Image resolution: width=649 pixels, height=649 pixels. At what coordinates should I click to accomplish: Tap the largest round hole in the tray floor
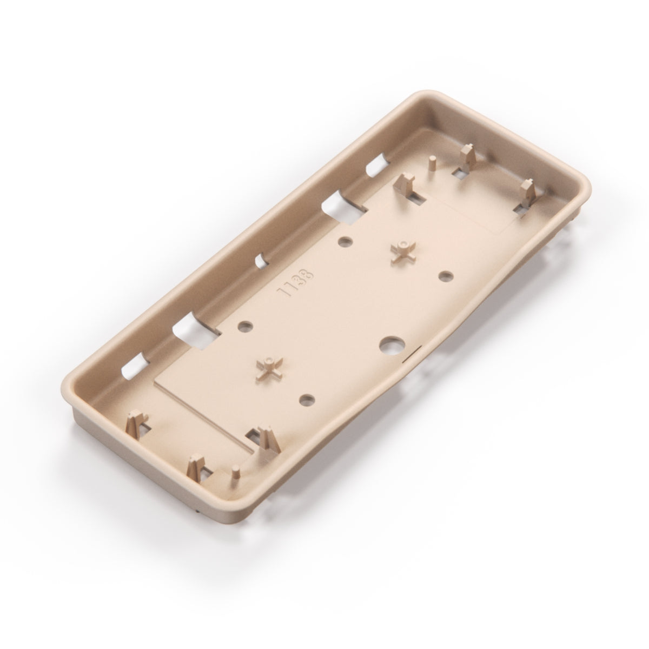(x=389, y=345)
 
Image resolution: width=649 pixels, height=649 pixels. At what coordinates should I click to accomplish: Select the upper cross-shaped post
(x=403, y=250)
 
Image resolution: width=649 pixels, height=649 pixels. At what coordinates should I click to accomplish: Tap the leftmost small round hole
(x=245, y=326)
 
